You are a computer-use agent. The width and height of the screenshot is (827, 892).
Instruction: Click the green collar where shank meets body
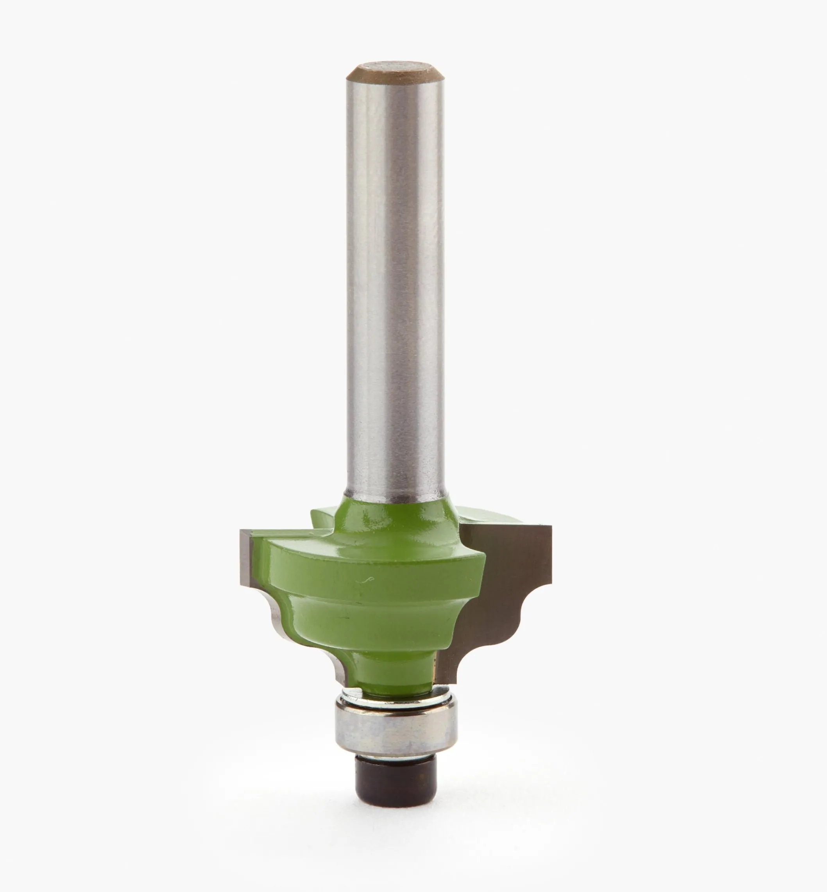tap(396, 510)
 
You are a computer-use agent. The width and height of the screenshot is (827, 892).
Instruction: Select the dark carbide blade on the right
tap(515, 581)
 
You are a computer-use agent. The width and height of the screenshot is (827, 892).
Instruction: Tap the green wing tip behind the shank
tap(320, 516)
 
